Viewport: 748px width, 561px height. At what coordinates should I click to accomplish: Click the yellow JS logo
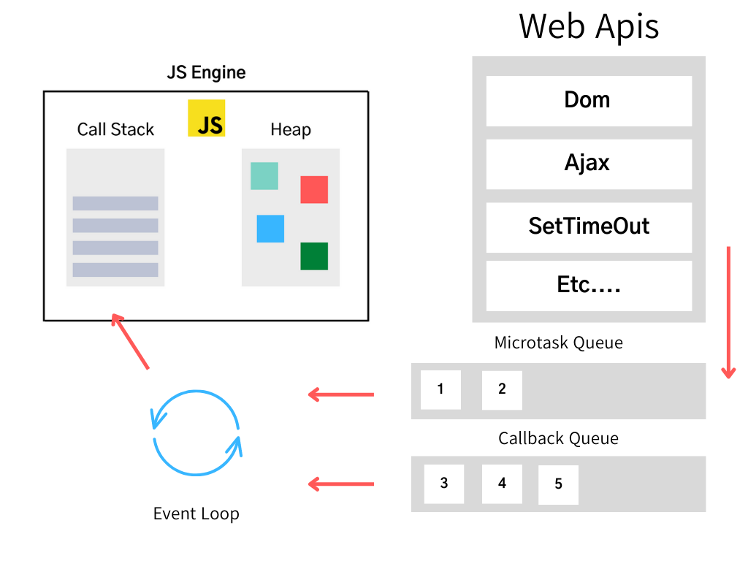coord(206,118)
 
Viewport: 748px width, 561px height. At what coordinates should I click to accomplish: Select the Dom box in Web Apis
coord(589,101)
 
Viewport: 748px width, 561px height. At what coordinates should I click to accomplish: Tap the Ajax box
coord(589,164)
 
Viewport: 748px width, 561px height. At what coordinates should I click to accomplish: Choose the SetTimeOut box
coord(589,226)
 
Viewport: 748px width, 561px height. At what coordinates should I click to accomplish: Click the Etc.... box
coord(589,285)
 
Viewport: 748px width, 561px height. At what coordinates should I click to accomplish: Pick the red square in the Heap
coord(314,189)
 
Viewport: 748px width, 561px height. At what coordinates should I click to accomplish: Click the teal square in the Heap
coord(264,176)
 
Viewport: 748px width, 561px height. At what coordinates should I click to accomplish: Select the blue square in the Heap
coord(270,229)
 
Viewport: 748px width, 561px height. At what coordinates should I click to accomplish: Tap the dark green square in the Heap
coord(314,256)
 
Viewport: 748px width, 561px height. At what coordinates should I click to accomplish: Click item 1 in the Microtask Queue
coord(440,389)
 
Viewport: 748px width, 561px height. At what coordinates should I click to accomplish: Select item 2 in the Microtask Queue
coord(502,389)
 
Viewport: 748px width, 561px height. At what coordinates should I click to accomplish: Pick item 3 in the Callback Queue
coord(444,484)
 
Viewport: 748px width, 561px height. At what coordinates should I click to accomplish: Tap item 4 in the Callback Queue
coord(502,484)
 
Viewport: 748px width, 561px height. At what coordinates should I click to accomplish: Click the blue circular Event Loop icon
coord(196,434)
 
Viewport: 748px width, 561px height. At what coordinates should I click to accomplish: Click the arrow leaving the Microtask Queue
coord(340,395)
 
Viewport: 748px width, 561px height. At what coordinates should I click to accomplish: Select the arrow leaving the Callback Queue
coord(340,484)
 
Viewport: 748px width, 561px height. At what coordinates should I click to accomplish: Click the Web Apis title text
coord(589,26)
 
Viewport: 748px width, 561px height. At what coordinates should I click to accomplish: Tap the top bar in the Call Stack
coord(115,203)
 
